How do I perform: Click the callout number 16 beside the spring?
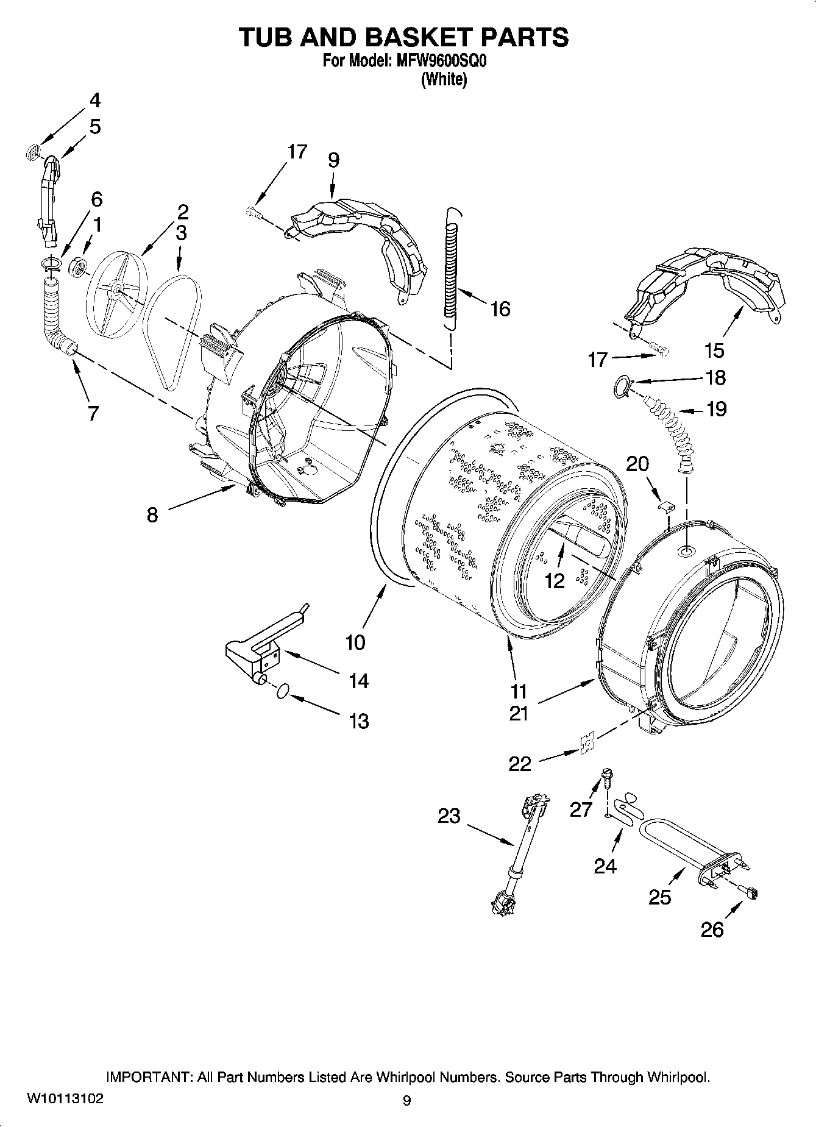coord(500,309)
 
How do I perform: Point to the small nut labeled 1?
coord(78,266)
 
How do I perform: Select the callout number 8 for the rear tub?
coord(152,516)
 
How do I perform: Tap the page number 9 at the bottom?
coord(407,1101)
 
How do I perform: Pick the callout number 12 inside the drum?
coord(555,581)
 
